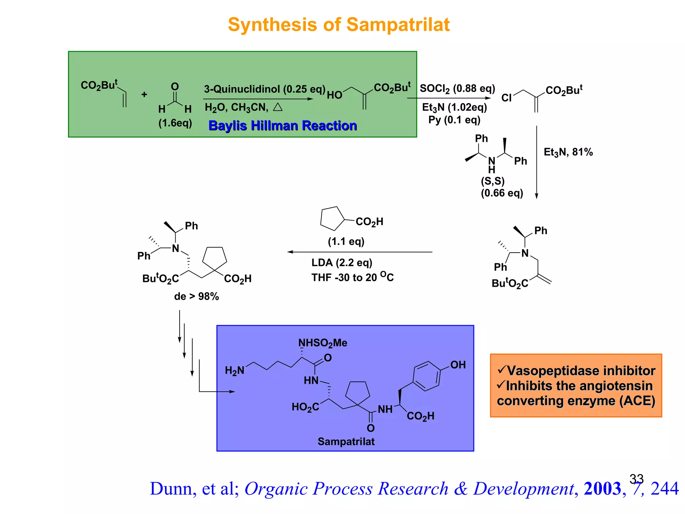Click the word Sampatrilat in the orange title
[x=398, y=25]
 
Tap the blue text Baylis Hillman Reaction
[x=283, y=126]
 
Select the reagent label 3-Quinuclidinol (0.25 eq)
[x=265, y=89]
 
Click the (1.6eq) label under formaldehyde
[x=175, y=123]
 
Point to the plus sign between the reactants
[x=144, y=95]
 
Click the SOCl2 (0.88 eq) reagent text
[x=457, y=89]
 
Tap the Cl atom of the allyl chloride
[x=506, y=98]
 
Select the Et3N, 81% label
[x=568, y=152]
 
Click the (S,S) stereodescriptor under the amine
[x=492, y=181]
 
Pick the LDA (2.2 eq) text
[x=341, y=263]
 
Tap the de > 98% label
[x=196, y=296]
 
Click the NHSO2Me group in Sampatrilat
[x=322, y=343]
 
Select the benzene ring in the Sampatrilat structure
[x=426, y=376]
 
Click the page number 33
[x=636, y=479]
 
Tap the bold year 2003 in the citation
[x=602, y=489]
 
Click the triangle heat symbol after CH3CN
[x=278, y=107]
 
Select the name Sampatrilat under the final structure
[x=346, y=442]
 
